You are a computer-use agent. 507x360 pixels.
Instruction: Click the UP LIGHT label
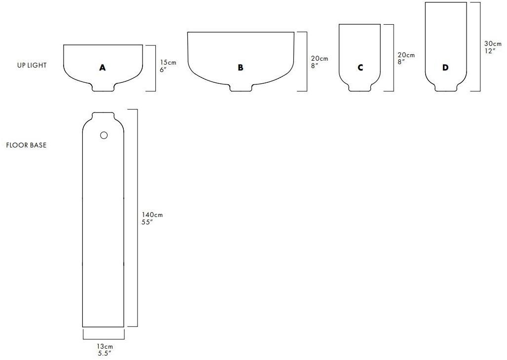point(32,65)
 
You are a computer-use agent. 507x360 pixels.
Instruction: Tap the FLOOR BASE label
point(26,145)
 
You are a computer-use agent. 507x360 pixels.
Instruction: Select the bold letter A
point(102,68)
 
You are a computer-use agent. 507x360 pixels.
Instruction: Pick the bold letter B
point(240,68)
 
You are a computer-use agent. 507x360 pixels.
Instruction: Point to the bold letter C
point(360,68)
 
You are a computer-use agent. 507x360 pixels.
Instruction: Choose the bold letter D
point(445,68)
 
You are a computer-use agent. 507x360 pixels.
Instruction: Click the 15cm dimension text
point(168,63)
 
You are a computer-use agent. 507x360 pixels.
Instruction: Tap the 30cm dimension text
point(493,44)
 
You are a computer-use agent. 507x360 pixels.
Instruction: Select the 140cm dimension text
point(152,215)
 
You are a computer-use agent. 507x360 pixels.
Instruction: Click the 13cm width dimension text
point(105,347)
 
